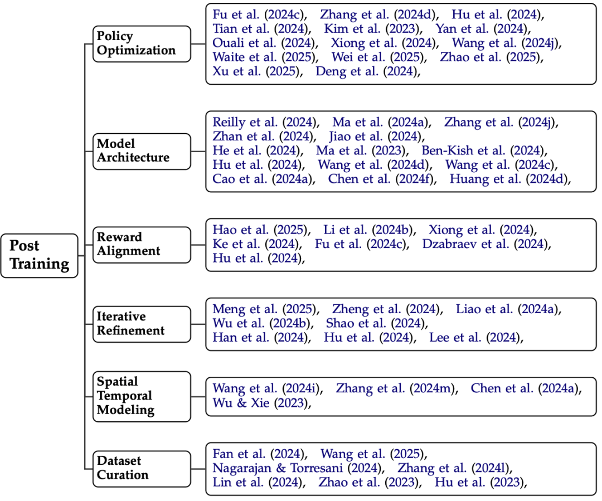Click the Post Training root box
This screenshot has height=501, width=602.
tap(39, 255)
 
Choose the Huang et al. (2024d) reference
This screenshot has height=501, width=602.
tap(511, 179)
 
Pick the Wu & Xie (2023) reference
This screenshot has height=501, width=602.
tap(260, 402)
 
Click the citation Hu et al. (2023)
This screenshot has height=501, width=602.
tap(480, 483)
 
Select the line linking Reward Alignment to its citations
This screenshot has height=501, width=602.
tap(198, 244)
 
